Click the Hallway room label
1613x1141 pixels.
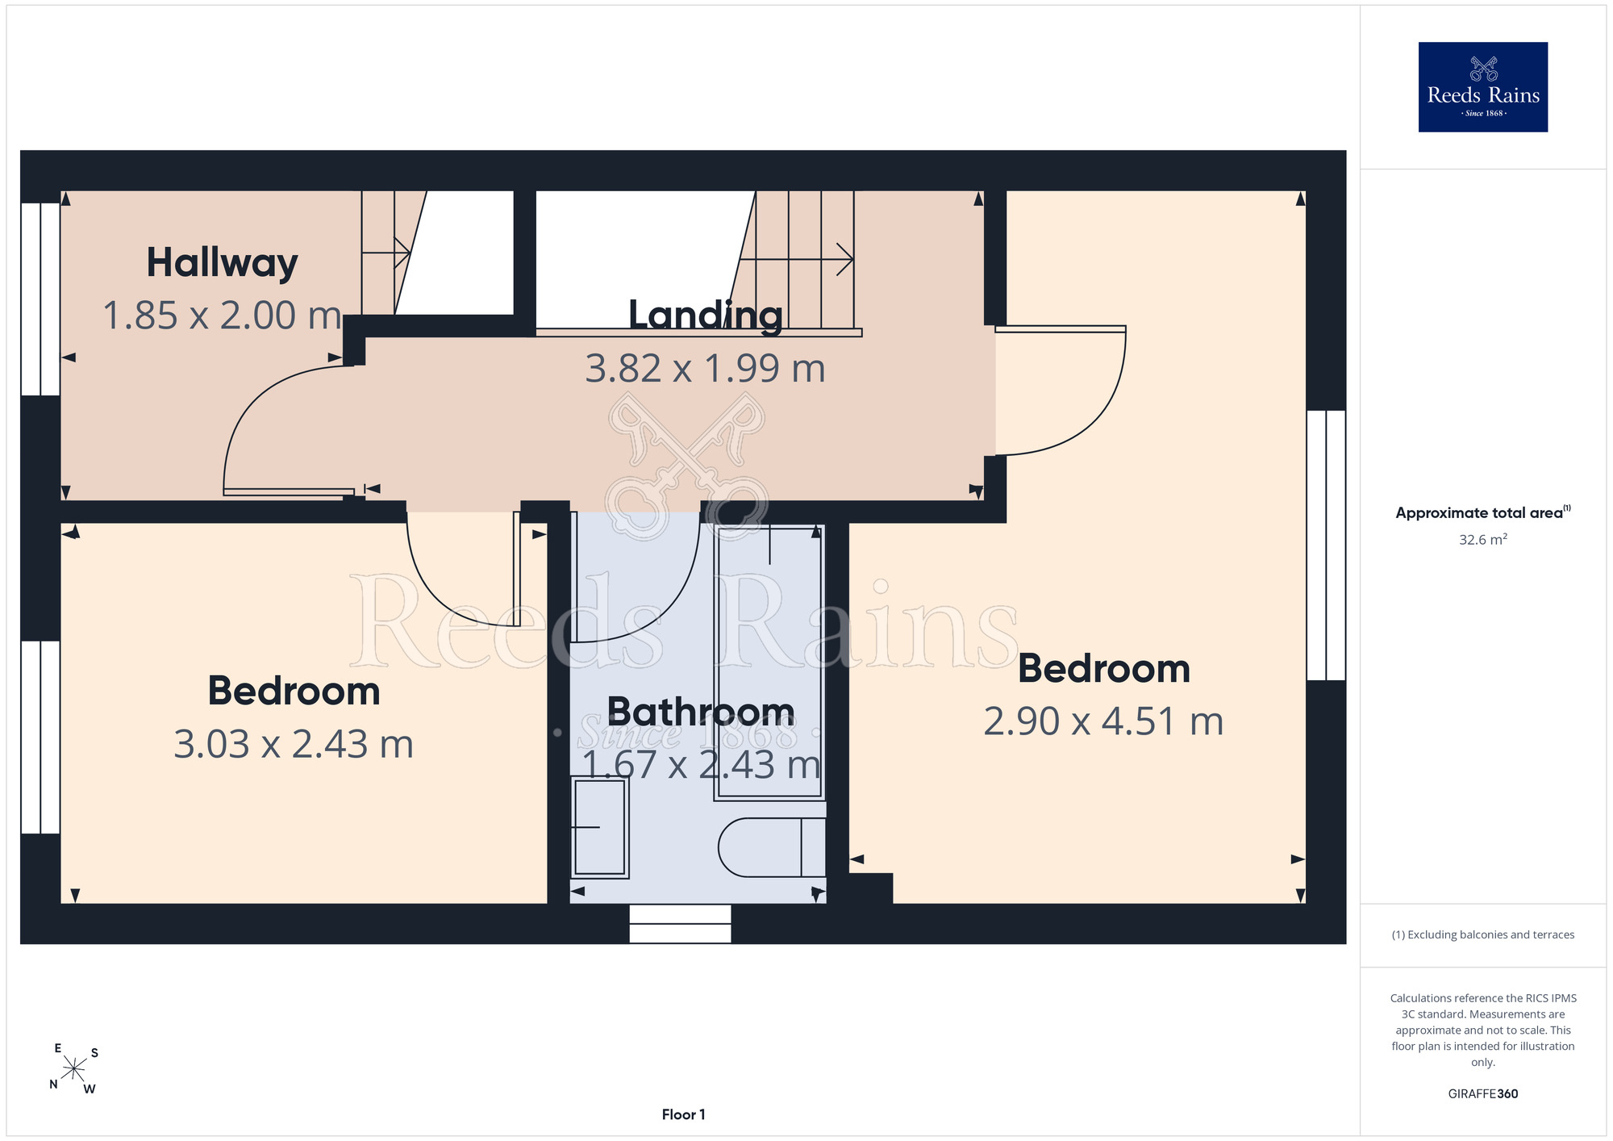coord(222,263)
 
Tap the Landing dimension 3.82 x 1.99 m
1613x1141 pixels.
coord(706,369)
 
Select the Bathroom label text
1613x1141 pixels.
coord(701,712)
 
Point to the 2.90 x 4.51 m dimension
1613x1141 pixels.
coord(1103,721)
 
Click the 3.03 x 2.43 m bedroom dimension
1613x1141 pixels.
coord(294,744)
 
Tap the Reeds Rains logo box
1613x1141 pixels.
coord(1482,87)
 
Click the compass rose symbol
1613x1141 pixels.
coord(74,1069)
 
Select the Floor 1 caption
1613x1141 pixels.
coord(683,1114)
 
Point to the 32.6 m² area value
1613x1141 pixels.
coord(1482,539)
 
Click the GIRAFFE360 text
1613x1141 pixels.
coord(1482,1094)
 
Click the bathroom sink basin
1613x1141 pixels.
coord(599,827)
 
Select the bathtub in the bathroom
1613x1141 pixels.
coord(769,662)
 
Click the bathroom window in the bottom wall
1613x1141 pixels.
coord(680,924)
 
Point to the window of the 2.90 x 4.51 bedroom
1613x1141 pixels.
coord(1326,545)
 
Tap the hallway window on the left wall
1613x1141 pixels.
coord(40,299)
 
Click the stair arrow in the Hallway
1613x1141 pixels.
coord(386,253)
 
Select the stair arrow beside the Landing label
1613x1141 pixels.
coord(797,259)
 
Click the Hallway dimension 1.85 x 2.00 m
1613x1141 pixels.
coord(223,316)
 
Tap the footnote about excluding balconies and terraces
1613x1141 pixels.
coord(1482,934)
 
